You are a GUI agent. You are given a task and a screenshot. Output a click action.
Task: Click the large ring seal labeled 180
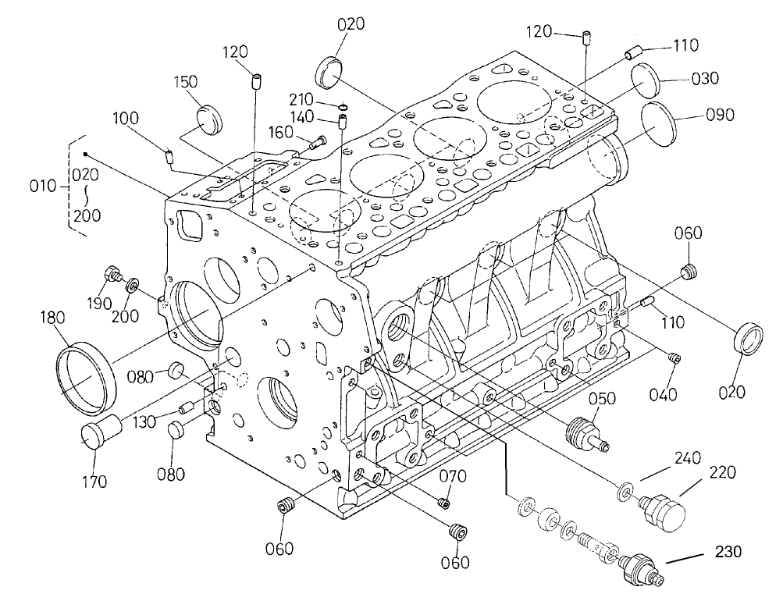(85, 375)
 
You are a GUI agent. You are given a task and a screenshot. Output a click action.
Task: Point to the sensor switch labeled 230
(642, 568)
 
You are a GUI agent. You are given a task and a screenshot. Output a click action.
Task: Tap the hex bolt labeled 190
(112, 275)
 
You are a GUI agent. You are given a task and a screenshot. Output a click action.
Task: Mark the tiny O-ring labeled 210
(343, 105)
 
